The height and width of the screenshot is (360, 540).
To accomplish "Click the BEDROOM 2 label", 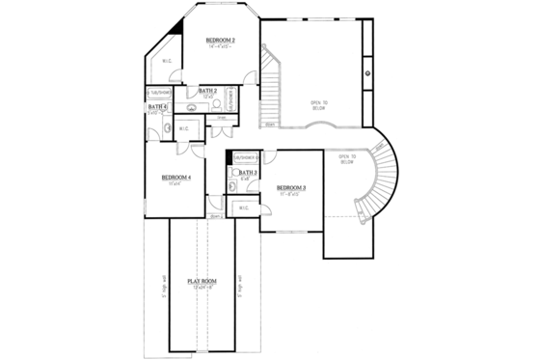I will click(221, 41).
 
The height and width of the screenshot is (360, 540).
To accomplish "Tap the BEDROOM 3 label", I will click(291, 187).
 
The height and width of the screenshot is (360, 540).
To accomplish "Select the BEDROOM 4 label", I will click(175, 178).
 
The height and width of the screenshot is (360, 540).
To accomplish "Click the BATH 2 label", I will click(207, 90).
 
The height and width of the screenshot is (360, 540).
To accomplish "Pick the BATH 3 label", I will click(247, 172).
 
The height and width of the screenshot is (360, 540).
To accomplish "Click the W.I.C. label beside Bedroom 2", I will click(167, 62).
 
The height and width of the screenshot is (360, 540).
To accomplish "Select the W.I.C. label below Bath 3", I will click(243, 207).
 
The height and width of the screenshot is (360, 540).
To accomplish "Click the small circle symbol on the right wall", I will click(367, 72).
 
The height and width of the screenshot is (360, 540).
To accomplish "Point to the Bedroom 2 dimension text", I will click(221, 47).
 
